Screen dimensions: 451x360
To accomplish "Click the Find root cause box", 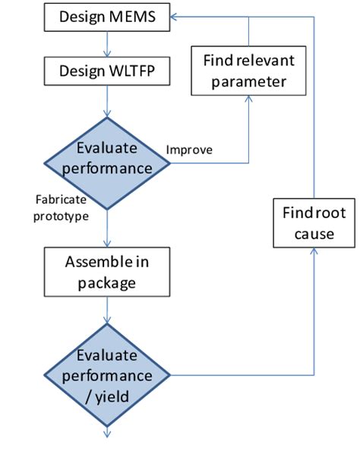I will tap(313, 222).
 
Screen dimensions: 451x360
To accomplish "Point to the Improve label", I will tap(190, 149).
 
